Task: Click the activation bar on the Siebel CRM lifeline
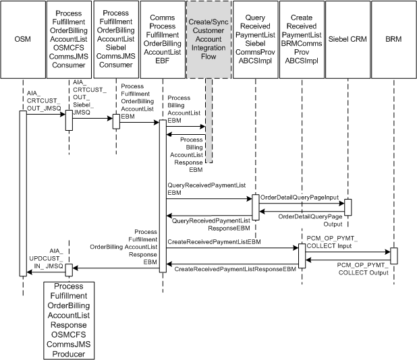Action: pyautogui.click(x=347, y=207)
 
